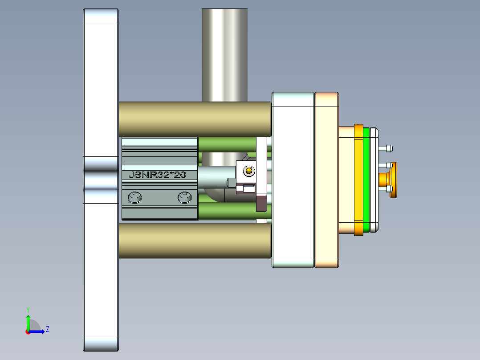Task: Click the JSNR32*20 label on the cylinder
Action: pos(157,175)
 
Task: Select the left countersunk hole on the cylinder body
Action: pos(134,197)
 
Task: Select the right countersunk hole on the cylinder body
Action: pos(185,197)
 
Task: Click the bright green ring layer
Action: pos(366,180)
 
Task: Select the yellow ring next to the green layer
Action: pos(358,180)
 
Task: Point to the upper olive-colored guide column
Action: pos(195,119)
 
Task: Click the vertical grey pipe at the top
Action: pos(224,53)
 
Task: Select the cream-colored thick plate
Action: pos(327,180)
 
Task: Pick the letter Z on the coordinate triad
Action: pos(47,329)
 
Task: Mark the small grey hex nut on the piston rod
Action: pos(232,182)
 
